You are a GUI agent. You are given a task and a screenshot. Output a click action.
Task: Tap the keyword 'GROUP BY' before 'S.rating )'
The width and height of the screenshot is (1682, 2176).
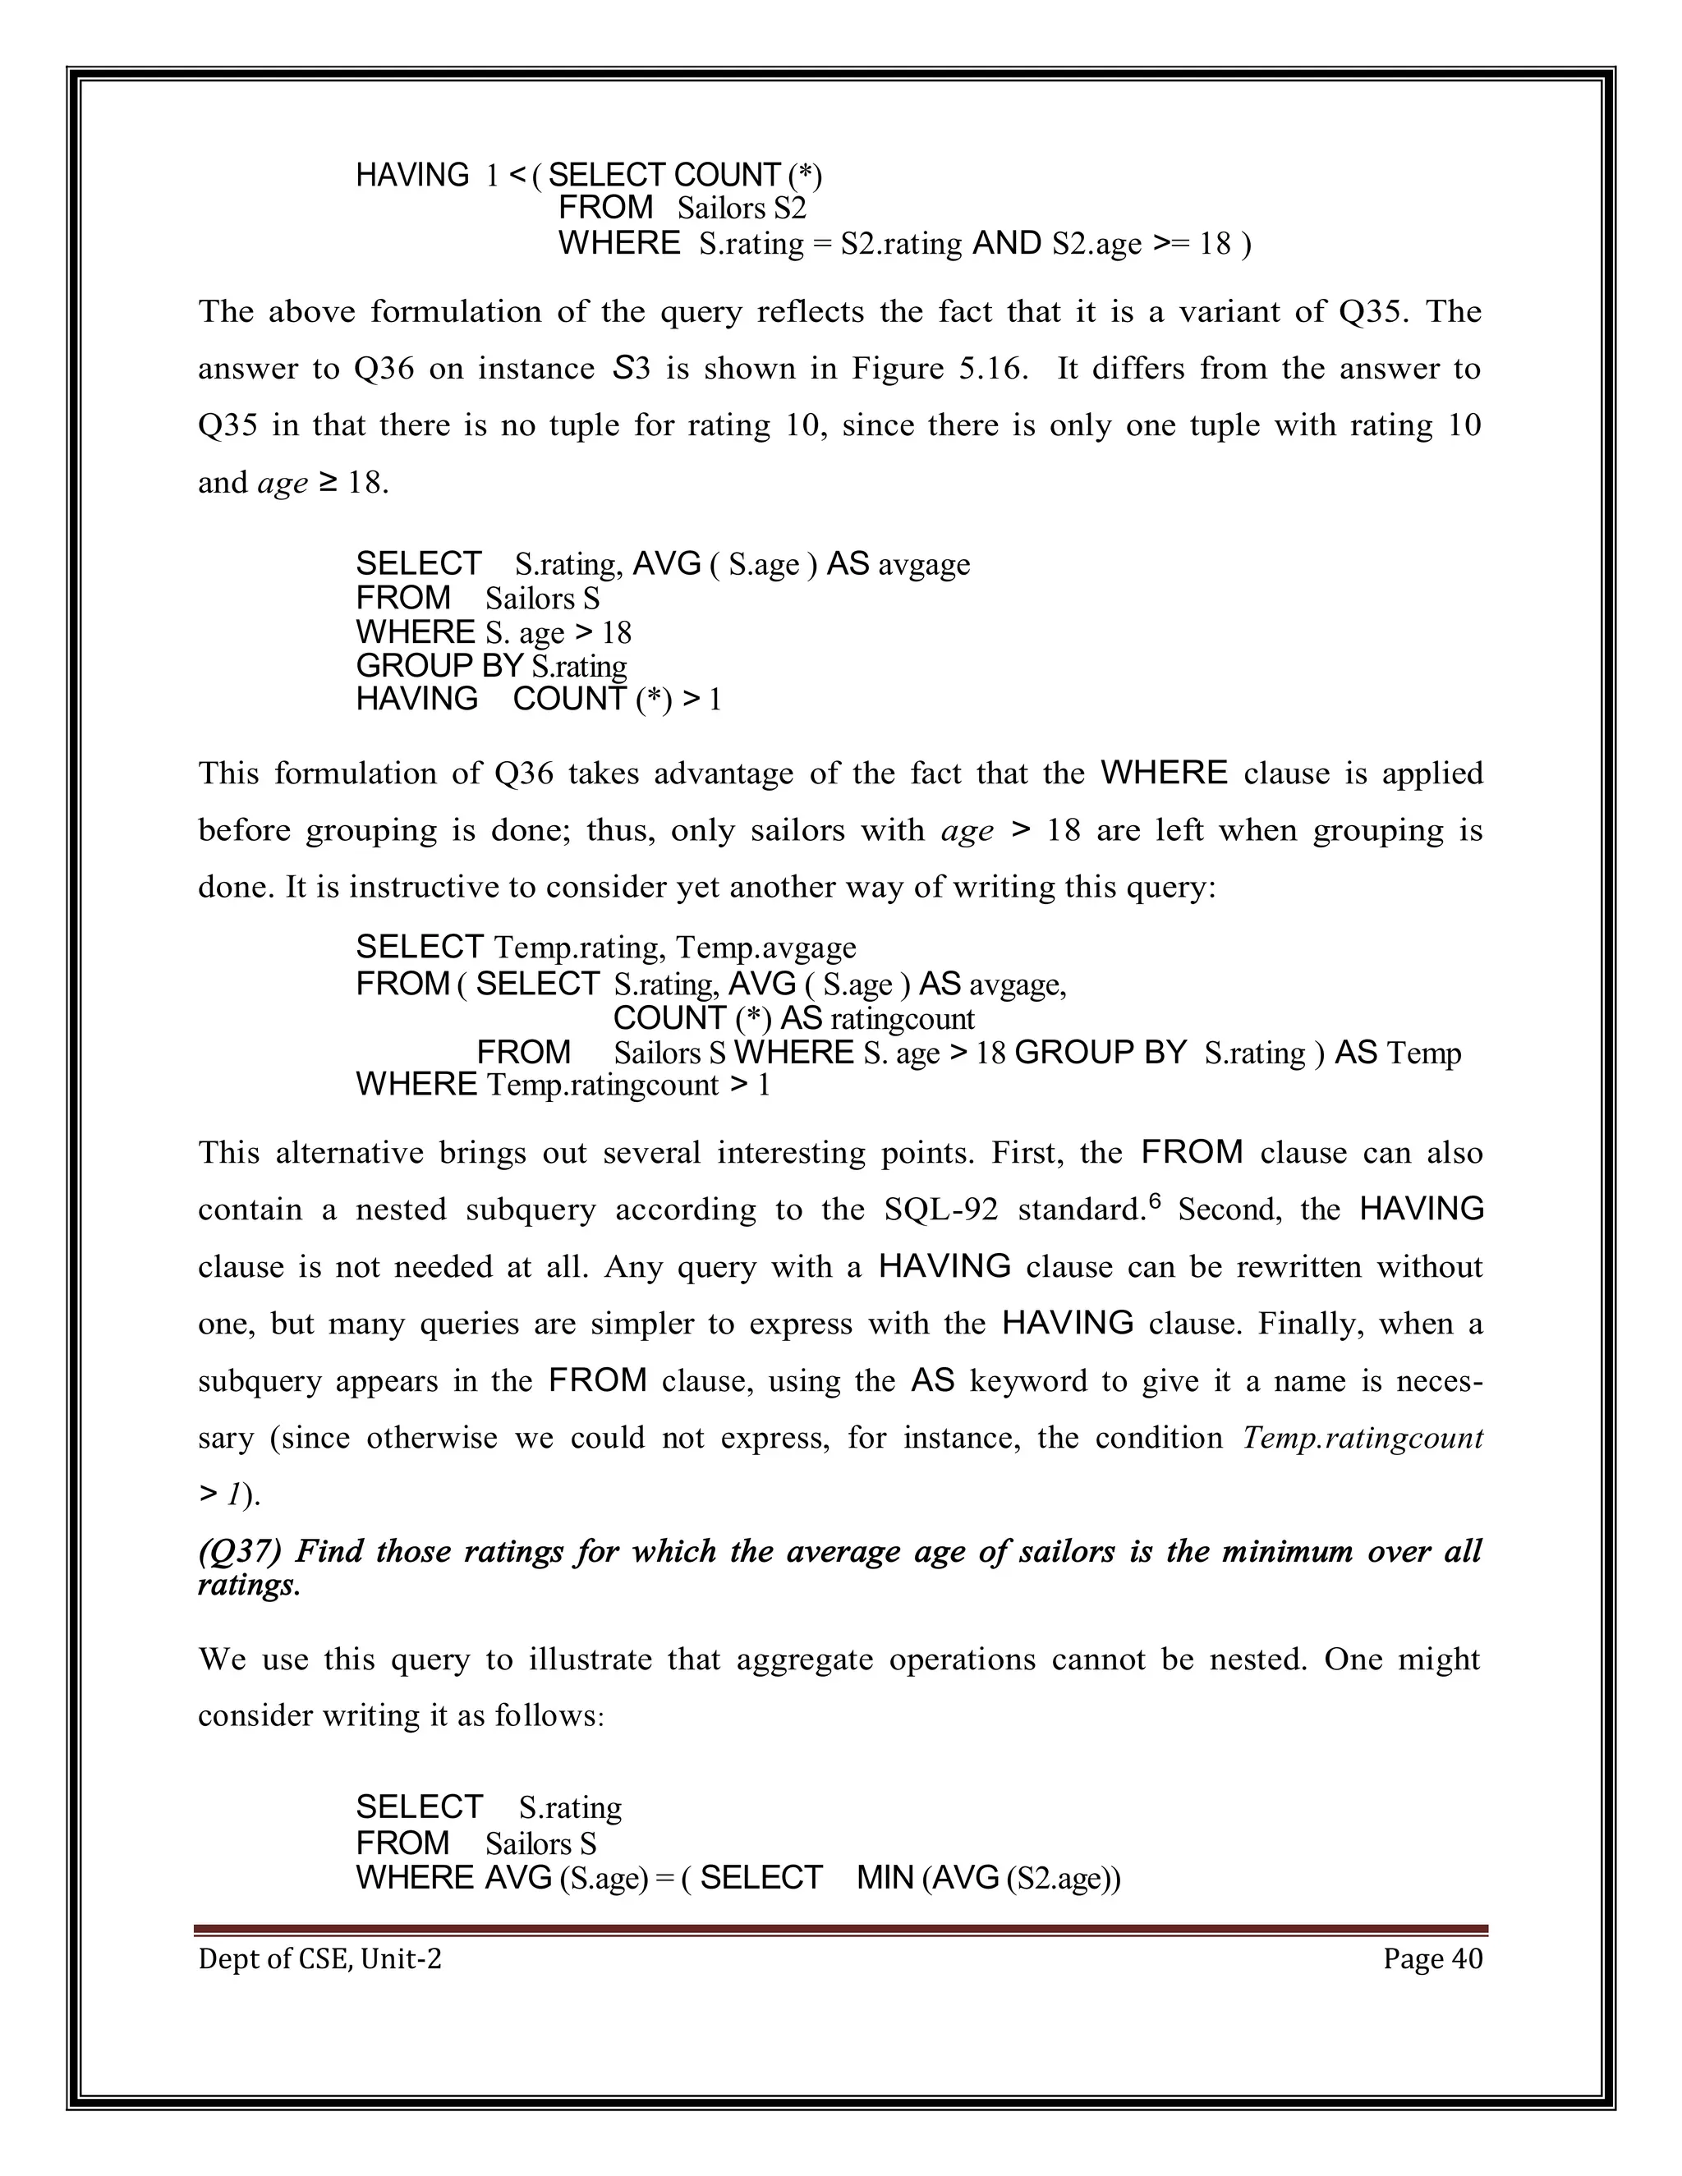click(x=1100, y=1054)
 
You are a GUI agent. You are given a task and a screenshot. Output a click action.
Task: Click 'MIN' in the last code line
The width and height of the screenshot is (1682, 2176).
click(x=885, y=1877)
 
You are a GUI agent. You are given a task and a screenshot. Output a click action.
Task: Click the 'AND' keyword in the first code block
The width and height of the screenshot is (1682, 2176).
click(x=1006, y=243)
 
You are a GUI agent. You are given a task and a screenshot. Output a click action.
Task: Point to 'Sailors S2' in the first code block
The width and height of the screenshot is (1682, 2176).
click(x=742, y=209)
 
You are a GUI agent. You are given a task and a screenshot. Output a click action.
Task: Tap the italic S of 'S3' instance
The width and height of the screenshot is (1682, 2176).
click(x=622, y=369)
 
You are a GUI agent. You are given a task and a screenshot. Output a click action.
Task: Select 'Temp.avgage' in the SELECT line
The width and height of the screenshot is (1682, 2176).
click(x=765, y=947)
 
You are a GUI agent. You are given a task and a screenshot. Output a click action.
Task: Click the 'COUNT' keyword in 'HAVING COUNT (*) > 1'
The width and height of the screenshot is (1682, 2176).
click(x=569, y=700)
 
